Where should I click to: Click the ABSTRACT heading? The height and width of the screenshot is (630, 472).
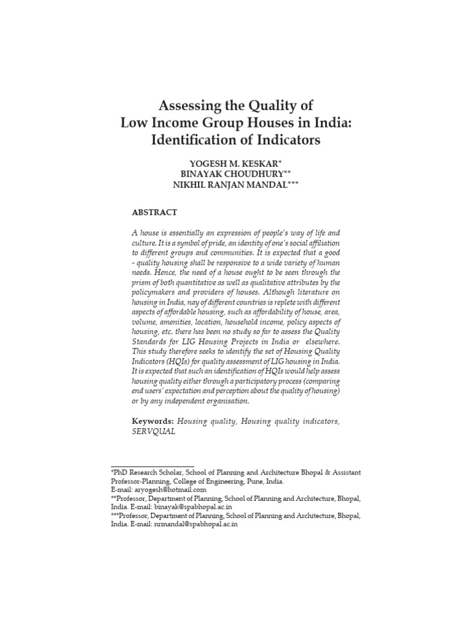(154, 212)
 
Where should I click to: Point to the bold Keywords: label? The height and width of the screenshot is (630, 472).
(152, 421)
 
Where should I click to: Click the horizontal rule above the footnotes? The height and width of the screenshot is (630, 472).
(152, 467)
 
